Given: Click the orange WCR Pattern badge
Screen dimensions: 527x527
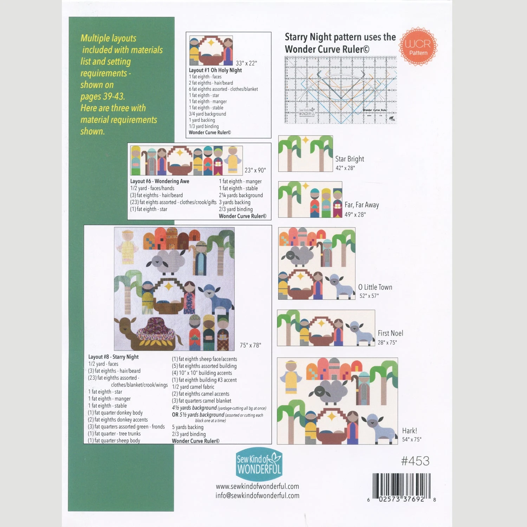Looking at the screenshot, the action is point(418,47).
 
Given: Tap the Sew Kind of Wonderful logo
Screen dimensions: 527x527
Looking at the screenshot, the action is point(259,464).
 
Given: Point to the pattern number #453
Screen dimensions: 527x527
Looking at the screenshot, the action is point(415,461).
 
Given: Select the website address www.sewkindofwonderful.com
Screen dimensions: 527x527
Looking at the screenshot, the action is point(258,487).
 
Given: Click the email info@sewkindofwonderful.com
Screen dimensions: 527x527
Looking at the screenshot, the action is point(258,496).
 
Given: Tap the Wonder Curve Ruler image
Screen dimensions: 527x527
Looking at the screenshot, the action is point(340,90).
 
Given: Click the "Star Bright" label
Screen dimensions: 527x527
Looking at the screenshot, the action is point(350,159).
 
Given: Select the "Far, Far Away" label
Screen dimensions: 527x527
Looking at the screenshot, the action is point(362,205).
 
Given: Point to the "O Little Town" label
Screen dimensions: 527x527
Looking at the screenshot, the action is point(375,287).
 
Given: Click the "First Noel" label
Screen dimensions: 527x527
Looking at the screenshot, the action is point(390,333).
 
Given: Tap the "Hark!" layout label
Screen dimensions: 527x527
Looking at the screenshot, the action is point(410,431).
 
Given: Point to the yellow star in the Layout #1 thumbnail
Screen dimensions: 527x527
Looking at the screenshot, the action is point(212,43).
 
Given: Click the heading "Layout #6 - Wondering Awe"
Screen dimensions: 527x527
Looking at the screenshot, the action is point(160,181).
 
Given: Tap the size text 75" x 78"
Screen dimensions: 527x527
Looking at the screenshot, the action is point(251,345).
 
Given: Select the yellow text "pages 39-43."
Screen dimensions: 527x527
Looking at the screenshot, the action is point(103,97).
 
